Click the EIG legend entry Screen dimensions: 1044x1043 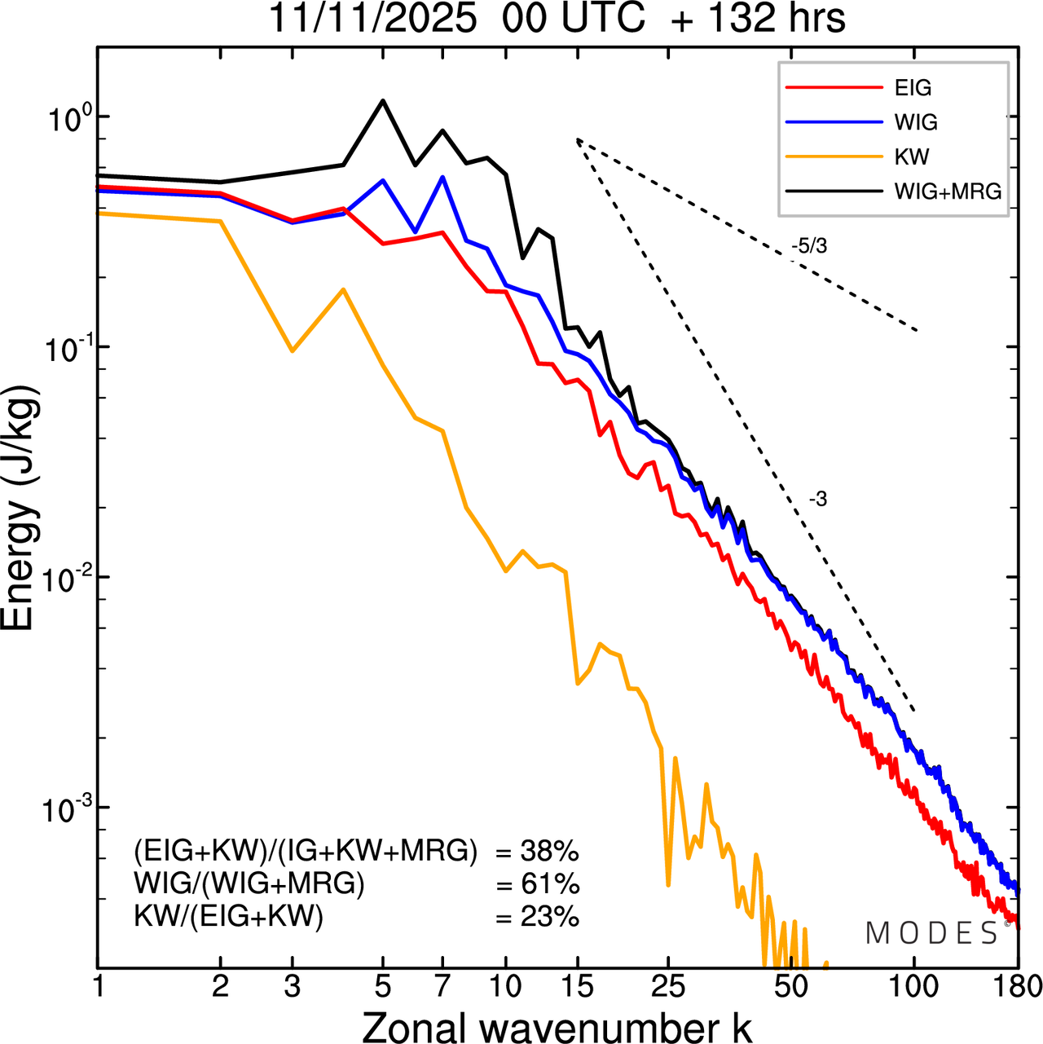(x=913, y=88)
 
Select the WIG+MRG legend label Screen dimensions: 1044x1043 (x=948, y=192)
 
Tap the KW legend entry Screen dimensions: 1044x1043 (x=912, y=156)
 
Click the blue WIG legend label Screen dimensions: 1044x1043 (x=916, y=122)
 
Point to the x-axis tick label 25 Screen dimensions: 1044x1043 (x=667, y=987)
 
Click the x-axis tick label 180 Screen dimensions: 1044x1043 (x=1016, y=987)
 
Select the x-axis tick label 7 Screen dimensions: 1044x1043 (x=442, y=987)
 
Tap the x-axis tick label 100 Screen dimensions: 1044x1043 (x=913, y=987)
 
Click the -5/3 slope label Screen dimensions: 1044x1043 (x=808, y=246)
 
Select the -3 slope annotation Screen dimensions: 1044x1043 (x=818, y=500)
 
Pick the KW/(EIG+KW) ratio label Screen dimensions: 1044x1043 (x=229, y=917)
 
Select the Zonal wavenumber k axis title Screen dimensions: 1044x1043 (x=557, y=1026)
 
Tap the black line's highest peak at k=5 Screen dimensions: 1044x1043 (x=383, y=101)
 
